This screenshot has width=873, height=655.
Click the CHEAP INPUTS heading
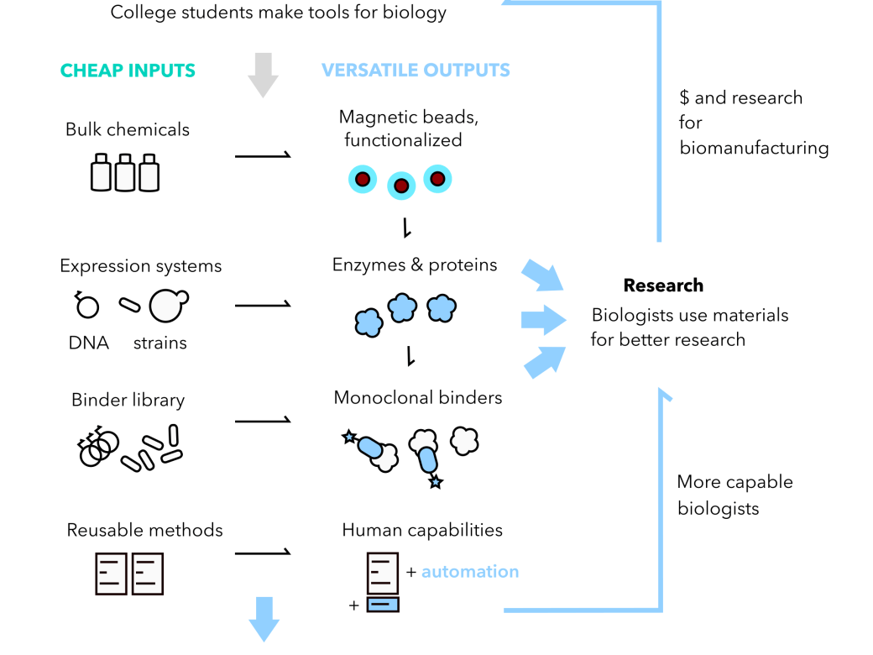(128, 71)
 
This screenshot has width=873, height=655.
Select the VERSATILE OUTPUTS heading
(416, 71)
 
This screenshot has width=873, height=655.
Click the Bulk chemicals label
(128, 129)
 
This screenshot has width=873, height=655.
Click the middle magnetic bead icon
(401, 186)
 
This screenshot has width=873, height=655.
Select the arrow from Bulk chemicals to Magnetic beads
(263, 155)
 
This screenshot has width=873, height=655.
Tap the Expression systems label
(141, 266)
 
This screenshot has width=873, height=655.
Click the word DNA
(90, 343)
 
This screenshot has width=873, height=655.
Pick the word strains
(160, 343)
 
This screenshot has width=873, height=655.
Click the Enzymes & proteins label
(415, 265)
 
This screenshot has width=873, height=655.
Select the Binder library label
(128, 400)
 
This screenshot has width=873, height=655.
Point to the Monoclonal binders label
(418, 397)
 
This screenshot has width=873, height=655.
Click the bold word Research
(663, 286)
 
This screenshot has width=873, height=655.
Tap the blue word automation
(470, 572)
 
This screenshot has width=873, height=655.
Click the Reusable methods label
(145, 531)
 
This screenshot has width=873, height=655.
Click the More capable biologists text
(734, 495)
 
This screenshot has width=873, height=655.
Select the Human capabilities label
(422, 531)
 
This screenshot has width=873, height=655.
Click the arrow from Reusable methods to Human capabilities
(263, 553)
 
